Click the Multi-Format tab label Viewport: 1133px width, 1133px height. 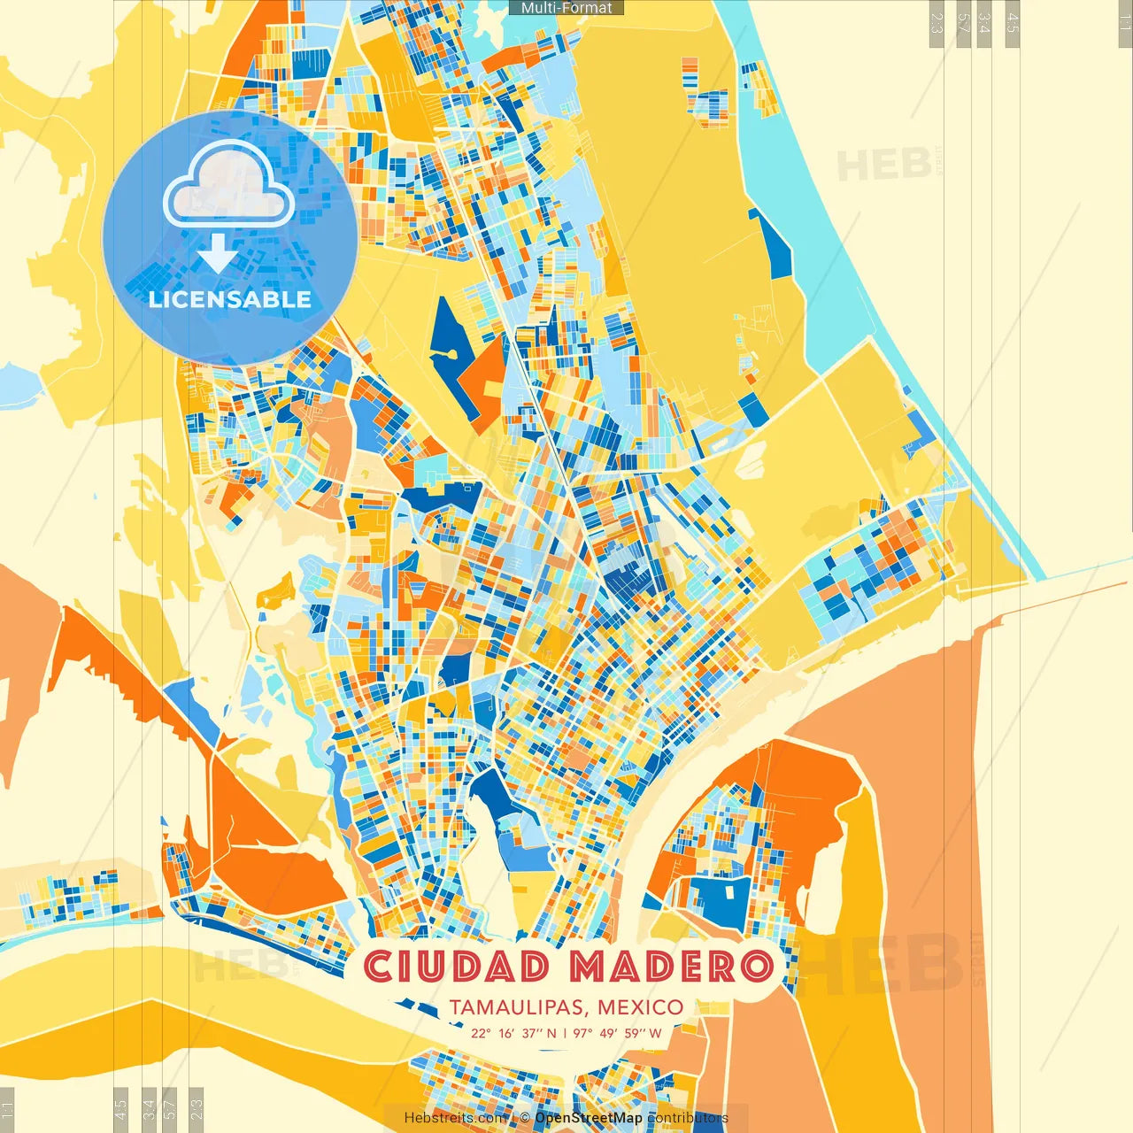(566, 8)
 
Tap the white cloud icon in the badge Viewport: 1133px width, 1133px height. (228, 185)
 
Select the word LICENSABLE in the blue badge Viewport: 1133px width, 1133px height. (230, 299)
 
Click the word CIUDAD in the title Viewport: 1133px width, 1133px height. (458, 967)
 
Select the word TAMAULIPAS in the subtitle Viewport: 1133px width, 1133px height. (518, 1007)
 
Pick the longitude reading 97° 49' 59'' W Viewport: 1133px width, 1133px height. (617, 1033)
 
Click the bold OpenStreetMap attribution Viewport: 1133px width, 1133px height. (589, 1118)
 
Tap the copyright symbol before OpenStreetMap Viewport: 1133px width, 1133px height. (525, 1118)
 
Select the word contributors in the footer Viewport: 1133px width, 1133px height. (688, 1118)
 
